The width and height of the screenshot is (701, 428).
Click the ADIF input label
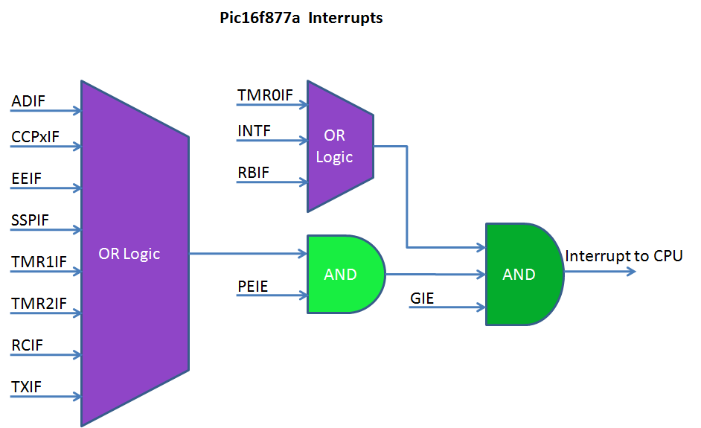click(28, 101)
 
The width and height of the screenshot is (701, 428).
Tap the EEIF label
click(27, 179)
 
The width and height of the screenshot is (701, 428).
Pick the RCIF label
click(28, 345)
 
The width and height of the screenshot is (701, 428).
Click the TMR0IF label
click(265, 95)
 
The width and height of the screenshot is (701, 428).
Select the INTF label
click(254, 132)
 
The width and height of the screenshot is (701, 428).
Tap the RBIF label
click(253, 173)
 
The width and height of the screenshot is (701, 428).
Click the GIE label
click(422, 298)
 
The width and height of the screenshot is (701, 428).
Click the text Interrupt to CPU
click(624, 256)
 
